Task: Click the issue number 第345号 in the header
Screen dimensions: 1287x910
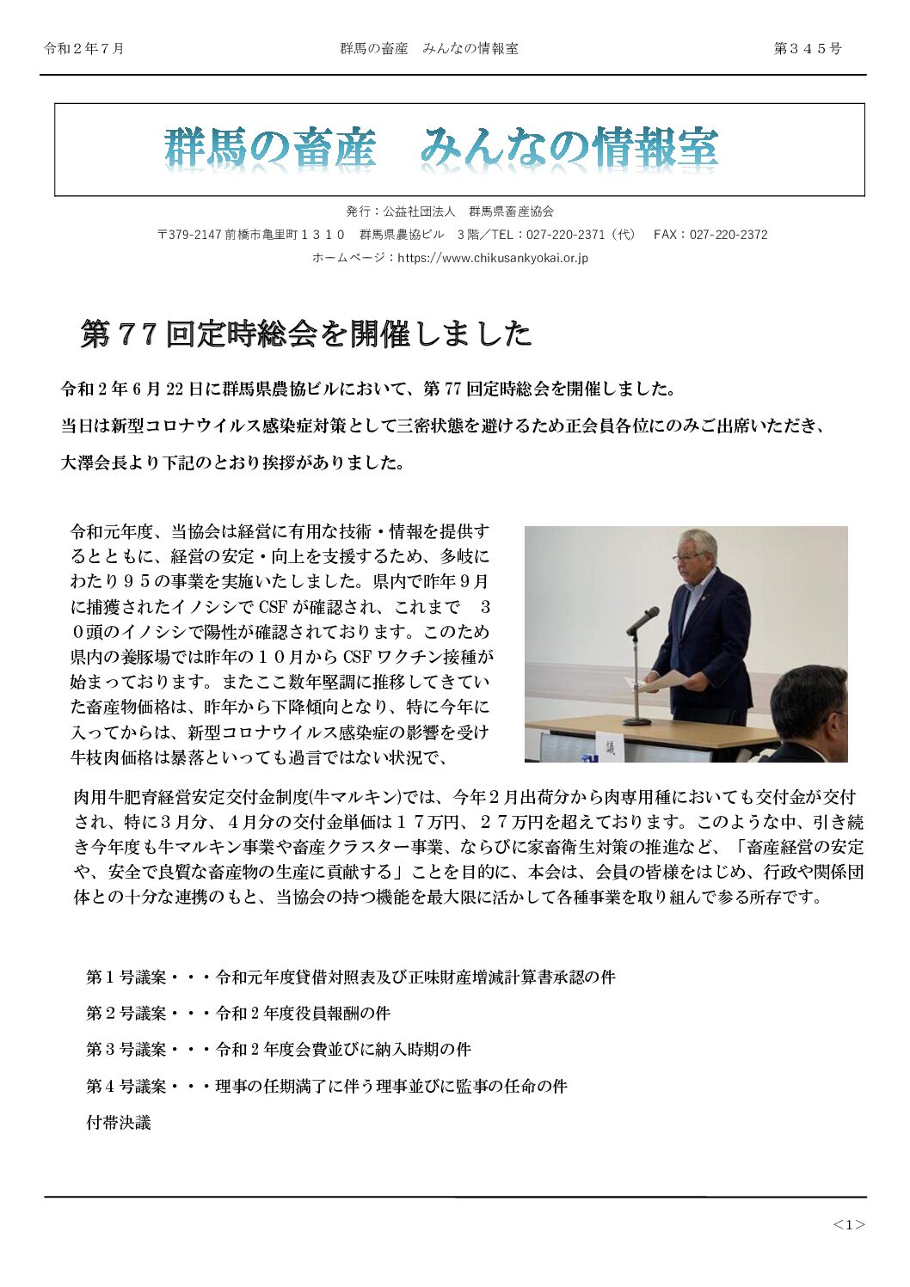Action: [x=807, y=49]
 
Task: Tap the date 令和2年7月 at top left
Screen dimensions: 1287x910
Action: [x=84, y=49]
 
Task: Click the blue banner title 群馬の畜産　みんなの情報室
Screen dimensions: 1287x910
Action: [x=440, y=148]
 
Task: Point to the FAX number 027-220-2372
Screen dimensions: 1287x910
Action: [x=729, y=235]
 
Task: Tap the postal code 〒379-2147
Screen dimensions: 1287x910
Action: [x=189, y=235]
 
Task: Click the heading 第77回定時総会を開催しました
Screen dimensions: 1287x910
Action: [x=306, y=334]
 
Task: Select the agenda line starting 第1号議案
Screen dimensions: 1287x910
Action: [x=350, y=978]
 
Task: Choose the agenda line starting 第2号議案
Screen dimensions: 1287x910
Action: [x=238, y=1014]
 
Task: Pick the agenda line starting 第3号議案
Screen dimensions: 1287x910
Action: [x=278, y=1050]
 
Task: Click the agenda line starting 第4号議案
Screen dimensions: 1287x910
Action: [x=326, y=1087]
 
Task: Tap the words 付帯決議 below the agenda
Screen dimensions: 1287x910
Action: [x=119, y=1123]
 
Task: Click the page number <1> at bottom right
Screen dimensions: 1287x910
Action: [x=848, y=1225]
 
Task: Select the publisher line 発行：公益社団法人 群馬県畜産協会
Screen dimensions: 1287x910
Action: [x=450, y=211]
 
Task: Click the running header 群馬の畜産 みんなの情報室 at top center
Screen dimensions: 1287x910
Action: [x=428, y=49]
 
